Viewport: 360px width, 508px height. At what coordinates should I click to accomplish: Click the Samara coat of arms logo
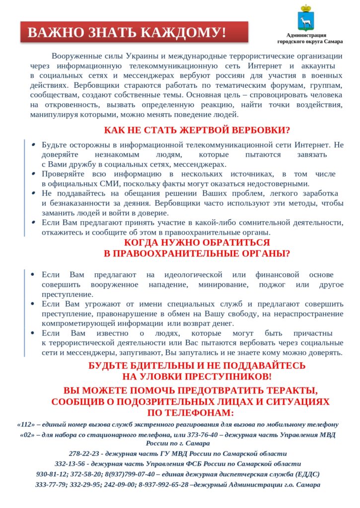coord(306,18)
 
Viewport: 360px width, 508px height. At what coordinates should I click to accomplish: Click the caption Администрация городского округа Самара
coord(306,38)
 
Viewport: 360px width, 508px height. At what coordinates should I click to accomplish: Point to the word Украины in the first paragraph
coord(141,56)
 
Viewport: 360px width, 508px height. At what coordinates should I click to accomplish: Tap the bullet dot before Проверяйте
coord(33,174)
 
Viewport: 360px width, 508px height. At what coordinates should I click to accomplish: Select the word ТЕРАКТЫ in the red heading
coord(288,390)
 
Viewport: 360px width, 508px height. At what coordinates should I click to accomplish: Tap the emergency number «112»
coord(26,425)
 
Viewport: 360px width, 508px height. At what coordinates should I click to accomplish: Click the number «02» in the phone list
coord(27,435)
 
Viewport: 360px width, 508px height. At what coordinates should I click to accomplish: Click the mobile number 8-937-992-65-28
coord(165,484)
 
